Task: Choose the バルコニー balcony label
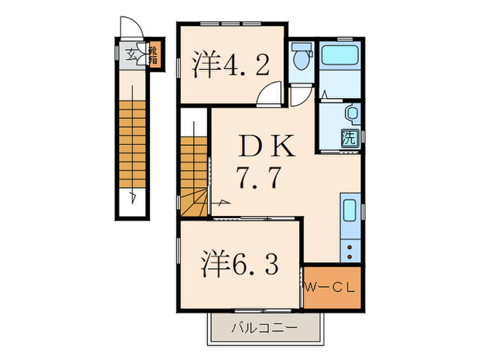click(264, 328)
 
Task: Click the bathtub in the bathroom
click(340, 54)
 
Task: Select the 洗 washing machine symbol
click(349, 136)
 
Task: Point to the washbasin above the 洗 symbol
click(351, 112)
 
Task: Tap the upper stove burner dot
click(351, 245)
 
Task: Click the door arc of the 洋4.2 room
click(273, 94)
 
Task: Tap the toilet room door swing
click(300, 96)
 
